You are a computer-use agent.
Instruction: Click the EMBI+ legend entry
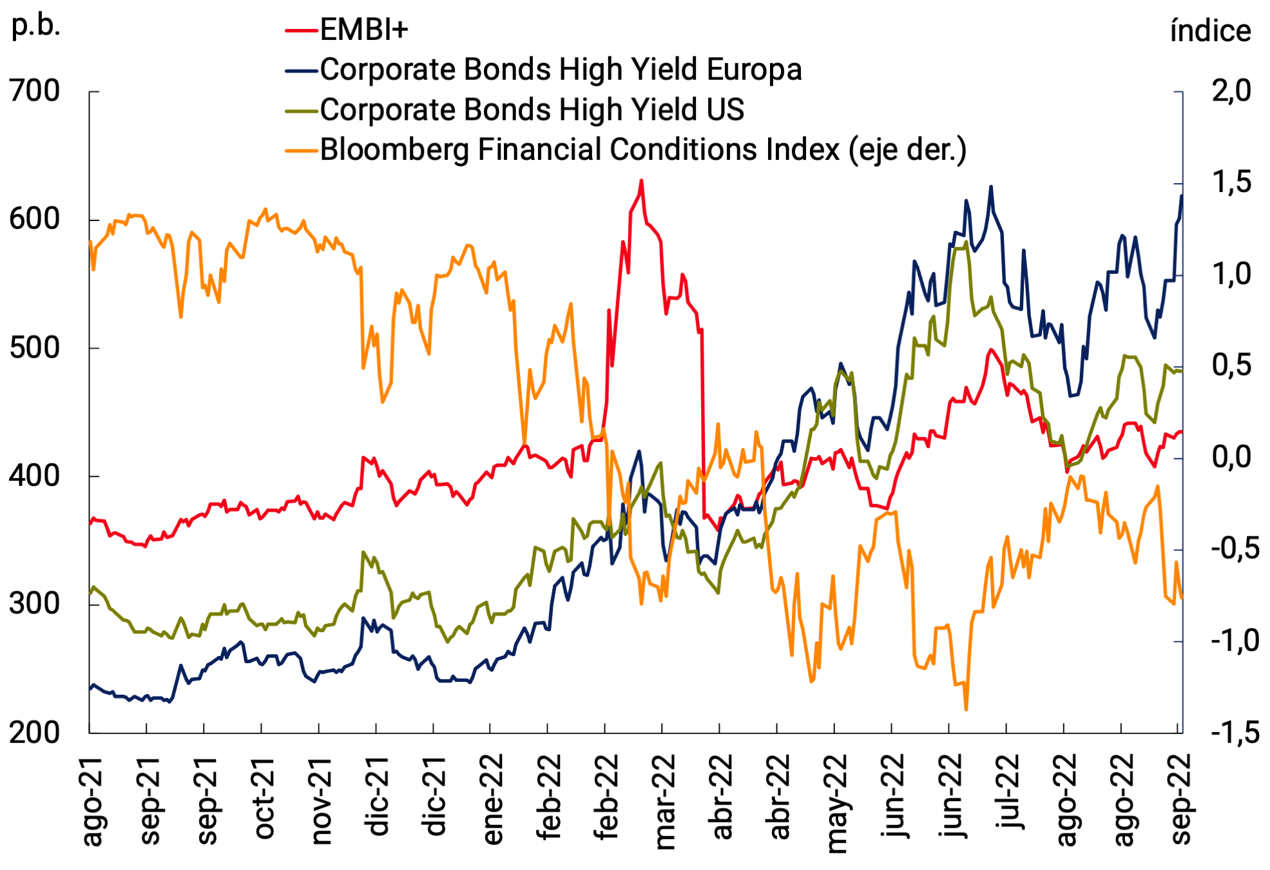click(x=363, y=30)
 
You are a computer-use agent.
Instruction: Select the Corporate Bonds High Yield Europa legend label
click(x=560, y=70)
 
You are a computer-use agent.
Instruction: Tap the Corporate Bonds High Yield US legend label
click(x=532, y=110)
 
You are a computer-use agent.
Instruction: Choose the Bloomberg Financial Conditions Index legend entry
click(x=642, y=150)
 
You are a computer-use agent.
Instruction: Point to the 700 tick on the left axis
click(x=35, y=91)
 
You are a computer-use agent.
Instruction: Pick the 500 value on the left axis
click(x=35, y=348)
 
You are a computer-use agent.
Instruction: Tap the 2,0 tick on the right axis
click(x=1231, y=91)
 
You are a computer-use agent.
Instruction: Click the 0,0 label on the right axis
click(x=1231, y=457)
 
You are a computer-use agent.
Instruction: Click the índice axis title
click(x=1210, y=31)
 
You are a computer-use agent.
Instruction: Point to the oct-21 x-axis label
click(x=265, y=799)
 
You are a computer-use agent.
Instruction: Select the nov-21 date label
click(x=322, y=800)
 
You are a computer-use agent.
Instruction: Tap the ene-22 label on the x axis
click(x=494, y=800)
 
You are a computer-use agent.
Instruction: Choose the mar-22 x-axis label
click(x=665, y=802)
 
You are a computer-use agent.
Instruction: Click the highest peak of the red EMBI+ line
click(x=641, y=181)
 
